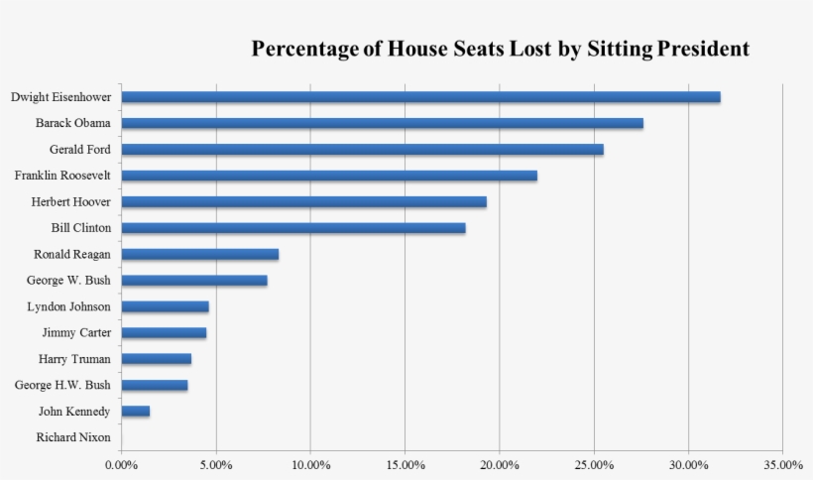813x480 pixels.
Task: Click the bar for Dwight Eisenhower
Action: [x=420, y=97]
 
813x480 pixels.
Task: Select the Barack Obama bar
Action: [x=382, y=124]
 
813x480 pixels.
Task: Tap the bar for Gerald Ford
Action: [x=362, y=150]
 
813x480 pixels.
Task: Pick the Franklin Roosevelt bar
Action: [x=329, y=176]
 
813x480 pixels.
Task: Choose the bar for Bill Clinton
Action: [x=292, y=228]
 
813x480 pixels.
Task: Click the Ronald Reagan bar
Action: [x=199, y=254]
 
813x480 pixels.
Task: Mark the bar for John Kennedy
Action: [x=135, y=411]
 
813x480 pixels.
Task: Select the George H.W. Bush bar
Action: [x=154, y=385]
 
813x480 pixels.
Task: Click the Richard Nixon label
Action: [x=73, y=437]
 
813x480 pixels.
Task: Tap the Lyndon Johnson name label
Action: [x=68, y=306]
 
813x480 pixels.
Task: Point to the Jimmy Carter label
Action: [x=76, y=332]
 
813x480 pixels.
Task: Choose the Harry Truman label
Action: [x=74, y=359]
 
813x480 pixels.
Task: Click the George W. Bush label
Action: [x=68, y=281]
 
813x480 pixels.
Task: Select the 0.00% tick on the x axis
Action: [x=121, y=464]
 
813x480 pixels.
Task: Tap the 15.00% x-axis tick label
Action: [x=405, y=464]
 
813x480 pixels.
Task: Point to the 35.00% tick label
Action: [x=783, y=464]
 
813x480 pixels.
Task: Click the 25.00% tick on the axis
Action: [x=594, y=464]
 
